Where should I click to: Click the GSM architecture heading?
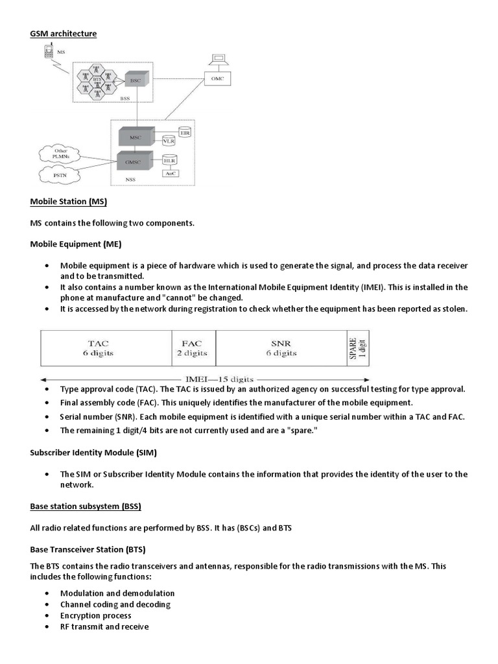(64, 33)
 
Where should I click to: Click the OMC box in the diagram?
(217, 78)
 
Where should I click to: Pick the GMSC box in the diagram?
(136, 160)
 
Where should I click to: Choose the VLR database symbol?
(169, 141)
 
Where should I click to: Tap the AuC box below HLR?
(170, 173)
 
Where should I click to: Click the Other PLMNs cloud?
(60, 153)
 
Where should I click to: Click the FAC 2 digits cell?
(193, 348)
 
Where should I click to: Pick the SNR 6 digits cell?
(281, 348)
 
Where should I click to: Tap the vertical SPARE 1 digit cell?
(358, 348)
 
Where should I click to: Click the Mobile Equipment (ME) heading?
(76, 244)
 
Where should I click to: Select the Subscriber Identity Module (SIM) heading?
(93, 452)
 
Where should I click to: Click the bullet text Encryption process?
(95, 615)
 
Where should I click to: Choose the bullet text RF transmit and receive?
(104, 626)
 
